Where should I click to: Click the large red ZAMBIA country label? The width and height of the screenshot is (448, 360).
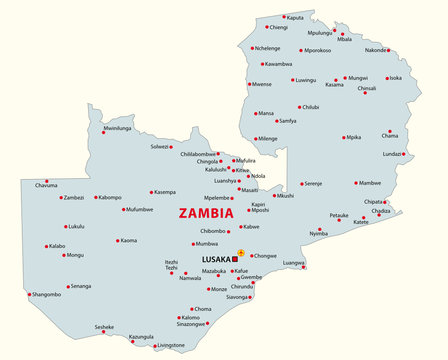point(205,213)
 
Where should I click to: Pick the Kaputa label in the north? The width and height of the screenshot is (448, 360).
point(295,18)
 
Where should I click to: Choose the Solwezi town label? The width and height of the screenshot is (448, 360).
point(160,147)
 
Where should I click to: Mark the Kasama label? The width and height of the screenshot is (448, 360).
point(334,85)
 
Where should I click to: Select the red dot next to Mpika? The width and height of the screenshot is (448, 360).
point(342,137)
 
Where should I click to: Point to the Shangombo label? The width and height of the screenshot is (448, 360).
point(47,294)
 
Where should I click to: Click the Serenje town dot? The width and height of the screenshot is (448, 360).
point(301,184)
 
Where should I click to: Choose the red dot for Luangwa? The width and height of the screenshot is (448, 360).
point(303,267)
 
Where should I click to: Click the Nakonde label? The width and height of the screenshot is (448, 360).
point(375,50)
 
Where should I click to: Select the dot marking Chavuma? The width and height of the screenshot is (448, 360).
point(46,181)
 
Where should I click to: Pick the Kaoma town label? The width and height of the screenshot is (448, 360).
point(129,240)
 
